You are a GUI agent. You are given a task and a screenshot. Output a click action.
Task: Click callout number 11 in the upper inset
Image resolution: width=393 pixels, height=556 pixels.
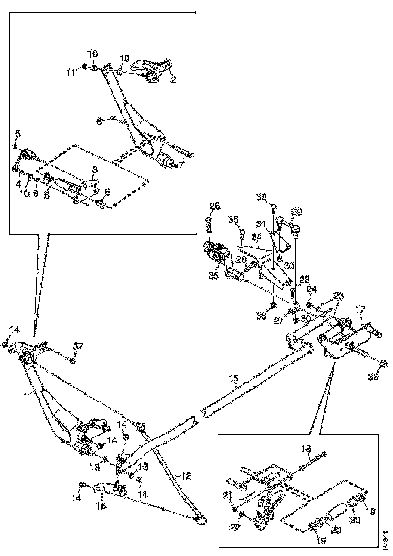tap(70, 73)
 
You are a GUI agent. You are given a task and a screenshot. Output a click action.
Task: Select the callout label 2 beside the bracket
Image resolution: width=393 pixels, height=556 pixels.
tap(173, 80)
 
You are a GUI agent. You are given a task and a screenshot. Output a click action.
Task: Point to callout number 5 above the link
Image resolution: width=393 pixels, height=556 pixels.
tap(18, 134)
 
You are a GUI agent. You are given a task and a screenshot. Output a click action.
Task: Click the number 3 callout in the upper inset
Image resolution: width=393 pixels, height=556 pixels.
tap(94, 170)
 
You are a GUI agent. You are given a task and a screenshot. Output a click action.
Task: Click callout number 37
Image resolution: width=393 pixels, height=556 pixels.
tap(77, 346)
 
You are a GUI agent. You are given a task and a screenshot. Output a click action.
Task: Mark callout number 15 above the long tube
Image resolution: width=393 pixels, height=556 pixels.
tap(233, 378)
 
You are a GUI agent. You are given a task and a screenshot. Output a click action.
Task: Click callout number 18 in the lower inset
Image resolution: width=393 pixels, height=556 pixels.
tap(306, 448)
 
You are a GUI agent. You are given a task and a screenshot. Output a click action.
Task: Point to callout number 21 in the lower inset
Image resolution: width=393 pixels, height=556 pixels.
tap(228, 495)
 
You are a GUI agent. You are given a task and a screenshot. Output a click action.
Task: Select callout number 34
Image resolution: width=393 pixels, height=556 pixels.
tap(257, 236)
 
